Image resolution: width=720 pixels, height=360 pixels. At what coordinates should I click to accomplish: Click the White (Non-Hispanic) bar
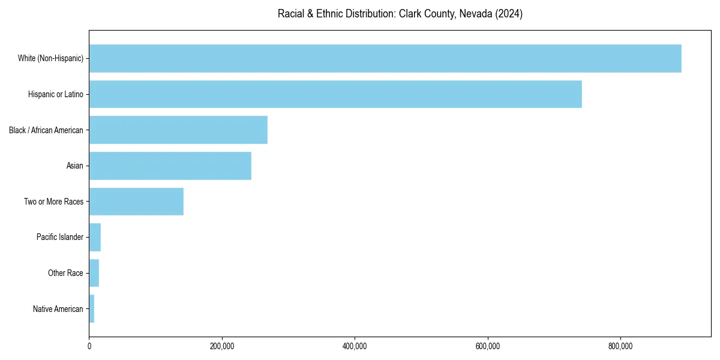coord(385,58)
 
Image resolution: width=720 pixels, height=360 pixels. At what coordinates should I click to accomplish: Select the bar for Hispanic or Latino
coord(335,94)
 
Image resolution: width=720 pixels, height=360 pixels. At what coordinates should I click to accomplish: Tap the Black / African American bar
coord(178,130)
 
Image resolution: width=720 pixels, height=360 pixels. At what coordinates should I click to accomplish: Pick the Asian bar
coord(170,166)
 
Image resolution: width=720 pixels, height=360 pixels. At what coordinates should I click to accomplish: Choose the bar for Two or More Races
coord(136,202)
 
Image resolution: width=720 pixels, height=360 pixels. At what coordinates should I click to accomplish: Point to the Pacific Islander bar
coord(95,238)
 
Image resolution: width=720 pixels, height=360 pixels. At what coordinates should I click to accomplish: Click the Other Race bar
coord(94,273)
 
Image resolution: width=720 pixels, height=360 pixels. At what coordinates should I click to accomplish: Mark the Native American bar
coord(92,309)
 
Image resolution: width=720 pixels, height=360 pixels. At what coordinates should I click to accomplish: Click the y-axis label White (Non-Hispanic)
coord(50,58)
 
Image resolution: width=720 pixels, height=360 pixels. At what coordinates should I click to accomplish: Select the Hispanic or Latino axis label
coord(55,94)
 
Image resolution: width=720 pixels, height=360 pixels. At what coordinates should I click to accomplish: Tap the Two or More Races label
coord(53,202)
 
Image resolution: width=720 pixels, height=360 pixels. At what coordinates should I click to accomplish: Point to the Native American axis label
coord(58,309)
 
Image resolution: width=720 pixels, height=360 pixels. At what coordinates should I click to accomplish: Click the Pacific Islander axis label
coord(60,238)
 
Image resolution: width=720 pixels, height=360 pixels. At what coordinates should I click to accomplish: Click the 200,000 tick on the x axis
coord(222,346)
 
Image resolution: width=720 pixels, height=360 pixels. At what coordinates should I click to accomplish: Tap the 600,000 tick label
coord(488,346)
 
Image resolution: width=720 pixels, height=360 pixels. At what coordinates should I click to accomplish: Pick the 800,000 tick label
coord(620,346)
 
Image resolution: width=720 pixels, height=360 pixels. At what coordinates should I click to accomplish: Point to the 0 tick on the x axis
coord(89,346)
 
